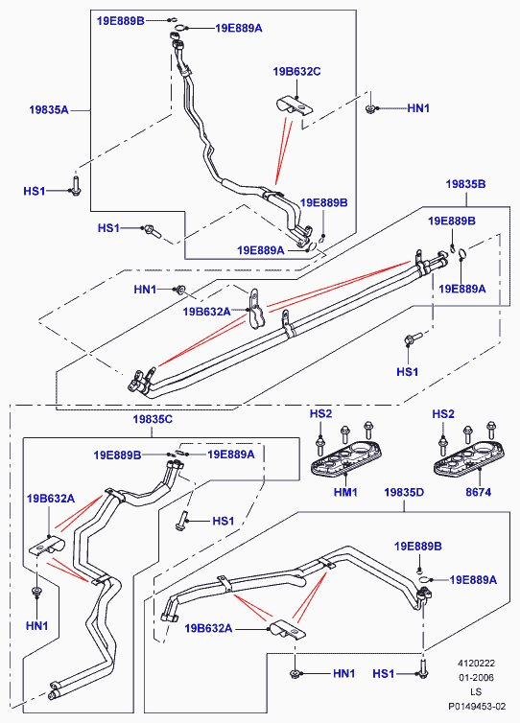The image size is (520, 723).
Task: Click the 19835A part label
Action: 48,109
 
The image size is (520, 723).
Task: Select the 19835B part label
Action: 465,184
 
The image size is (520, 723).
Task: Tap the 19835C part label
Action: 153,419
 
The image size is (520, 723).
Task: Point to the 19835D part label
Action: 404,492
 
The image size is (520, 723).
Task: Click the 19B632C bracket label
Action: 296,72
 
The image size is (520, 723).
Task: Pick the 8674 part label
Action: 478,492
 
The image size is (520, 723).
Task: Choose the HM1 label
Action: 345,492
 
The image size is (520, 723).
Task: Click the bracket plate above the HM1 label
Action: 347,457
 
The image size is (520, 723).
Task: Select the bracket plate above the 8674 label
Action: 469,457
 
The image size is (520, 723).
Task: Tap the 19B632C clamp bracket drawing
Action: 295,106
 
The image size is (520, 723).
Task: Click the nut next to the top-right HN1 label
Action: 370,108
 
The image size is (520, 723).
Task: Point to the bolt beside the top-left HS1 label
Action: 76,184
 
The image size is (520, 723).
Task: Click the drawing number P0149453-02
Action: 477,706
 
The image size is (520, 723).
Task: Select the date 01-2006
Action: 476,677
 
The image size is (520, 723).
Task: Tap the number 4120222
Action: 476,663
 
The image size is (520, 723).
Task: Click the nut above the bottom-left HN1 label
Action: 36,591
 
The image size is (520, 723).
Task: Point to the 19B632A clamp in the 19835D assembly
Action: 286,630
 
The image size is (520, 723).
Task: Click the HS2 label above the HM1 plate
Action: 320,413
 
